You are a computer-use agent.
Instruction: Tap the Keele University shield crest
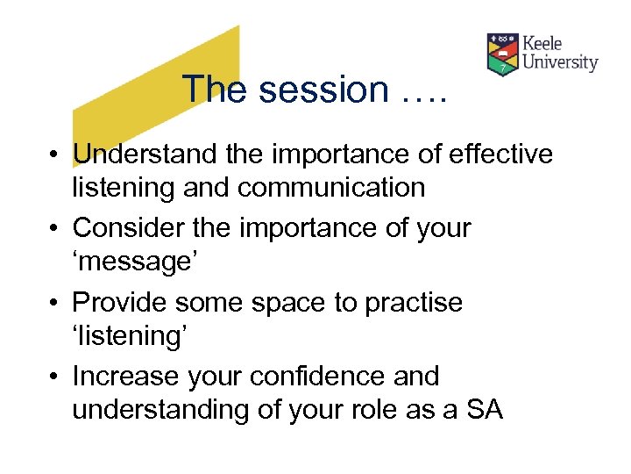pos(502,54)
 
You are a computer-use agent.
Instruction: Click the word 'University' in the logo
pos(560,62)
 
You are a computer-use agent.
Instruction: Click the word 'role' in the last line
pos(369,409)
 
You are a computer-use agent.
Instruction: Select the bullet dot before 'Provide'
pos(55,304)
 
